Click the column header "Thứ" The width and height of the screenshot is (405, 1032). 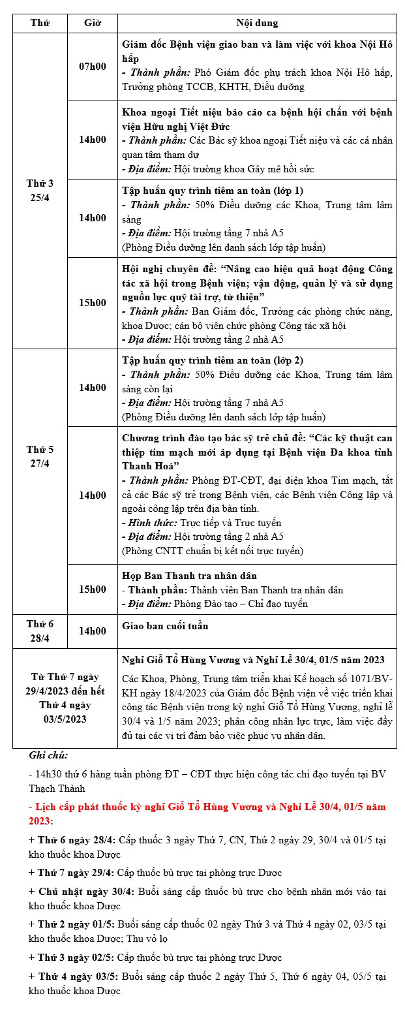pos(40,23)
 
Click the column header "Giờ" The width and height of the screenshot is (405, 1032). pos(92,23)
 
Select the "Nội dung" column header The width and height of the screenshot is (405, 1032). pos(257,23)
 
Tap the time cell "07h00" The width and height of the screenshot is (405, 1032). pos(92,67)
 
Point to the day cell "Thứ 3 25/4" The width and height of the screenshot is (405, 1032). pos(40,191)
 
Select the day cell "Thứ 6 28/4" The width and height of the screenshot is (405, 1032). pos(40,631)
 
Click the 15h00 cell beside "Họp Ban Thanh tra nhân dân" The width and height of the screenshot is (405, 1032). pos(92,589)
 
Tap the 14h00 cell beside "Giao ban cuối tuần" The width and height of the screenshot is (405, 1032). pos(92,631)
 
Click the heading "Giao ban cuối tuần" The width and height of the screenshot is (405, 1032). pos(166,626)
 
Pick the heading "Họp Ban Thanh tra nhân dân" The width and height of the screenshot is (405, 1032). pos(189,576)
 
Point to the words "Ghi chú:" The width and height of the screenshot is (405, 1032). pos(48,755)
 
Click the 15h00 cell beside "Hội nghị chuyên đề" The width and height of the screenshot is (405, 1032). pos(92,303)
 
